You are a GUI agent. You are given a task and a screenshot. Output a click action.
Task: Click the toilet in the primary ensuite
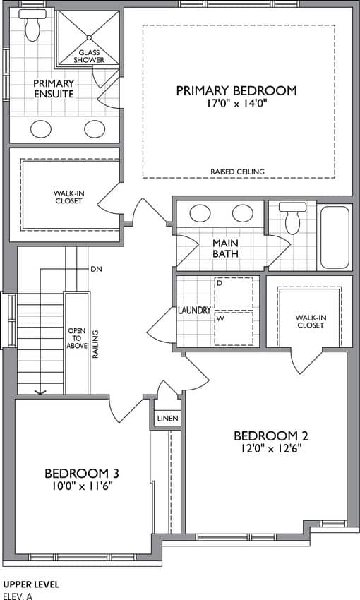[32, 25]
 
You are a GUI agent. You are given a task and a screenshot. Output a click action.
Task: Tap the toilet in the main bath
[293, 219]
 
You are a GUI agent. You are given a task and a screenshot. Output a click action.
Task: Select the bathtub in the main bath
[335, 237]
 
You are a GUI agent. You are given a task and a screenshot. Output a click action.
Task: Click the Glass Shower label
[89, 56]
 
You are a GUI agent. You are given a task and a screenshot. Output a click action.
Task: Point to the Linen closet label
[168, 419]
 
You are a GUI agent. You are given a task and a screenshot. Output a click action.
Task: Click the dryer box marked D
[234, 294]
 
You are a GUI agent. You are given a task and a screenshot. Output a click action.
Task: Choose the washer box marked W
[234, 328]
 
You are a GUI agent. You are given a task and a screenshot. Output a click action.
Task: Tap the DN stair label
[97, 269]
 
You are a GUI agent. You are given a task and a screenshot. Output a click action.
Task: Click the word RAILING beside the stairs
[95, 344]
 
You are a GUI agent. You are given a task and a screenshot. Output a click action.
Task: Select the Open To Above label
[77, 338]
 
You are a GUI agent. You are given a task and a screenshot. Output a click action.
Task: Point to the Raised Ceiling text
[237, 172]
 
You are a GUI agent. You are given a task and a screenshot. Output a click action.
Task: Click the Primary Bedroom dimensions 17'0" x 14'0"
[236, 104]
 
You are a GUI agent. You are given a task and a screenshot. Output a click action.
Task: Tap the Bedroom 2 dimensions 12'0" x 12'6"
[271, 448]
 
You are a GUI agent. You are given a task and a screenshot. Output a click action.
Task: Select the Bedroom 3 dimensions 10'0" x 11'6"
[81, 486]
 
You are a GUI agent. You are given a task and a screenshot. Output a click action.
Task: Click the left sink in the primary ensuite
[41, 129]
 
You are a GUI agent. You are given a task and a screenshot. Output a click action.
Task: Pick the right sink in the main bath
[243, 213]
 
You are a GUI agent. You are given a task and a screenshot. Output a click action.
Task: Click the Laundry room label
[194, 311]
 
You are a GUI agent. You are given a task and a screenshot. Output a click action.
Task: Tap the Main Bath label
[225, 248]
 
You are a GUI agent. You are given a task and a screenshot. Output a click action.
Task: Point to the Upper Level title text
[31, 584]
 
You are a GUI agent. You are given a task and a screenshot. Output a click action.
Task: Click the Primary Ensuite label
[54, 89]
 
